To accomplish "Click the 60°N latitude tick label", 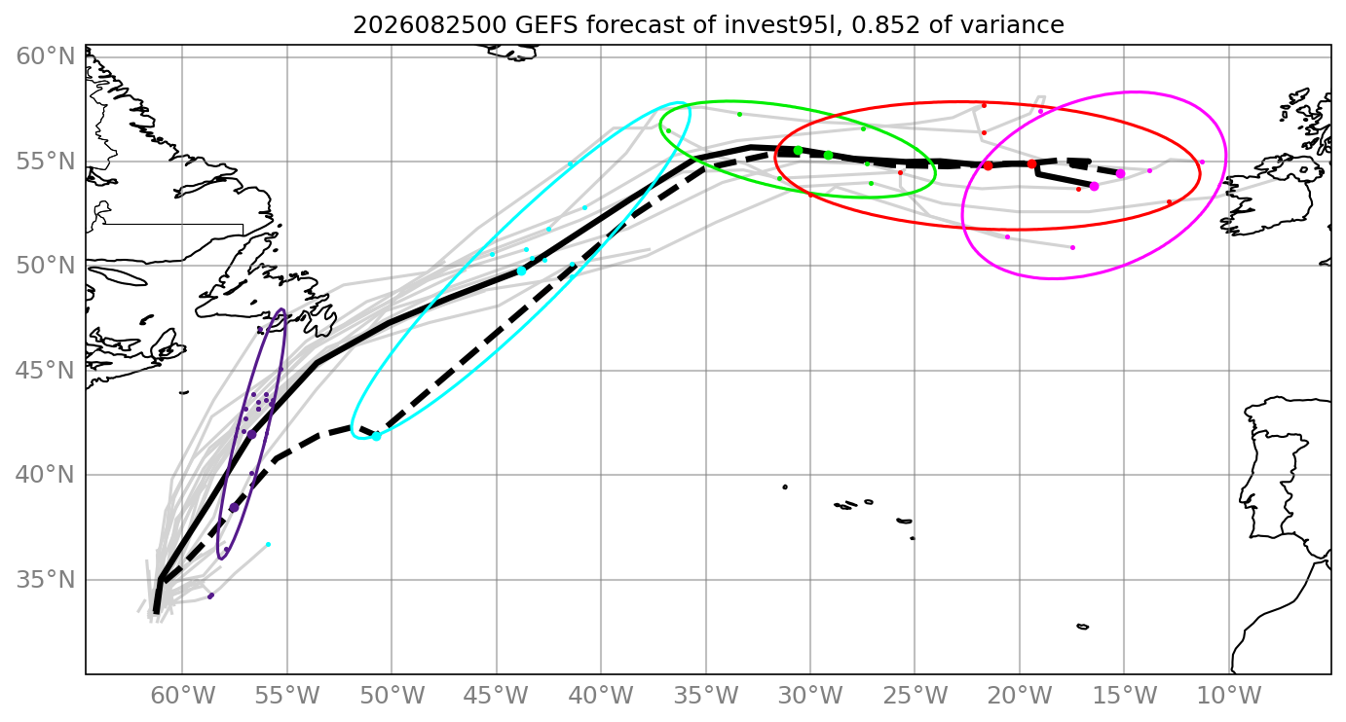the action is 46,57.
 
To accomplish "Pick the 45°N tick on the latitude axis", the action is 46,371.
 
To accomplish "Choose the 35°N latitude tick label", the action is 46,580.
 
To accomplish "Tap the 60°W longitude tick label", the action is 183,696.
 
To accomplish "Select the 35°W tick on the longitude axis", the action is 706,696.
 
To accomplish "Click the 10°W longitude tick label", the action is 1229,696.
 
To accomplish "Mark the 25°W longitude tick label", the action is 916,696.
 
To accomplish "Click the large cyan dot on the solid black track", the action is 522,271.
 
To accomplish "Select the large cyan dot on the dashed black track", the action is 376,436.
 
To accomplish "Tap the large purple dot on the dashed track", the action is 235,508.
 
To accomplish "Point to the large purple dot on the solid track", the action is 252,435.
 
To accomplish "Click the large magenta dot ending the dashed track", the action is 1120,173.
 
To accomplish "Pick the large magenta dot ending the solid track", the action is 1094,187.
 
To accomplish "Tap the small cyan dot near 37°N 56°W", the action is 268,544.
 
